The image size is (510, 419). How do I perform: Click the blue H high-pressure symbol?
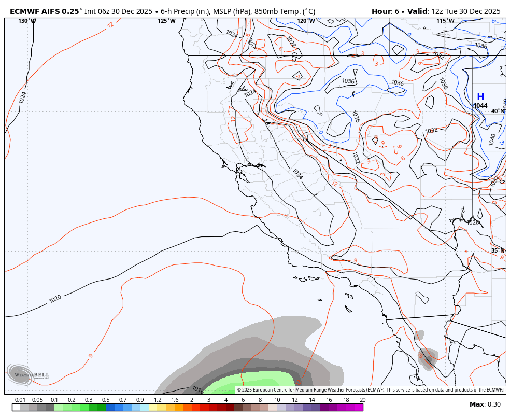(480, 97)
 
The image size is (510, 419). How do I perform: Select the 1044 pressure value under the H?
(480, 106)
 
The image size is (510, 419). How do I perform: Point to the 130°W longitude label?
(27, 21)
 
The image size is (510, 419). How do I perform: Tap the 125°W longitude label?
(166, 21)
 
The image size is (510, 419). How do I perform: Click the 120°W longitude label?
(306, 21)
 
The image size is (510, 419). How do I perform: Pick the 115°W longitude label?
(445, 21)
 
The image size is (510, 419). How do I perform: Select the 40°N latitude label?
(498, 111)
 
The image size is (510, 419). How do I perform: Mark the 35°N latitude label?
(498, 250)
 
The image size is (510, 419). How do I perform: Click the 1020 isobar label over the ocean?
(55, 299)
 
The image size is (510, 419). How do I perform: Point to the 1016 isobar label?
(197, 389)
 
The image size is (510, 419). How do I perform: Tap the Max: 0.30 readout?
(485, 404)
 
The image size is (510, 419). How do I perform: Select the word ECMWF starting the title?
(23, 11)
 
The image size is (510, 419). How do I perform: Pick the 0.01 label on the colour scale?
(20, 400)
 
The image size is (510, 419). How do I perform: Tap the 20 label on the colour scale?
(362, 400)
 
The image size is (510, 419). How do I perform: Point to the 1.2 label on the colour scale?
(158, 400)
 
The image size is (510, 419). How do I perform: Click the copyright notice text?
(370, 390)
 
